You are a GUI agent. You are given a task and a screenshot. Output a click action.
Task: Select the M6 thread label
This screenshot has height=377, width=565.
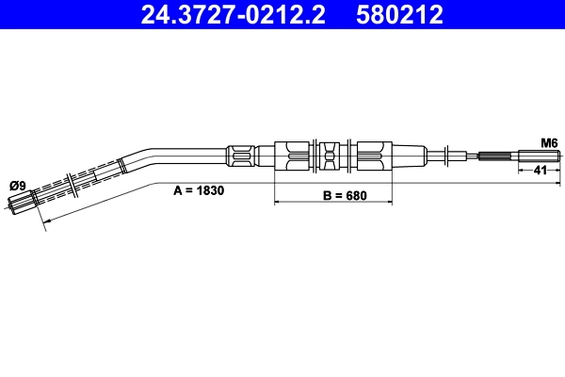pyautogui.click(x=548, y=142)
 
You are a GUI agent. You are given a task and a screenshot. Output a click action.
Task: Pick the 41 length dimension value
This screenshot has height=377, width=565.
pyautogui.click(x=541, y=171)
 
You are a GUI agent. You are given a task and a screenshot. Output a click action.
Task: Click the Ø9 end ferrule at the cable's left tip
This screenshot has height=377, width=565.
pyautogui.click(x=22, y=200)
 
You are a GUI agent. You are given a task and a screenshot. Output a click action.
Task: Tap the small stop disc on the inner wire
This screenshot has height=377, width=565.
pyautogui.click(x=447, y=155)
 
